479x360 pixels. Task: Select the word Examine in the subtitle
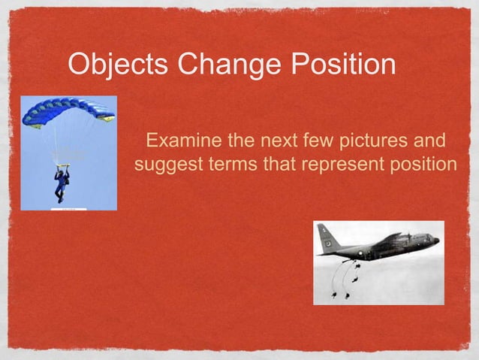point(182,141)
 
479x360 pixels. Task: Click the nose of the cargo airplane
point(435,241)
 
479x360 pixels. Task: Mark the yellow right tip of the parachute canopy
point(108,117)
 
